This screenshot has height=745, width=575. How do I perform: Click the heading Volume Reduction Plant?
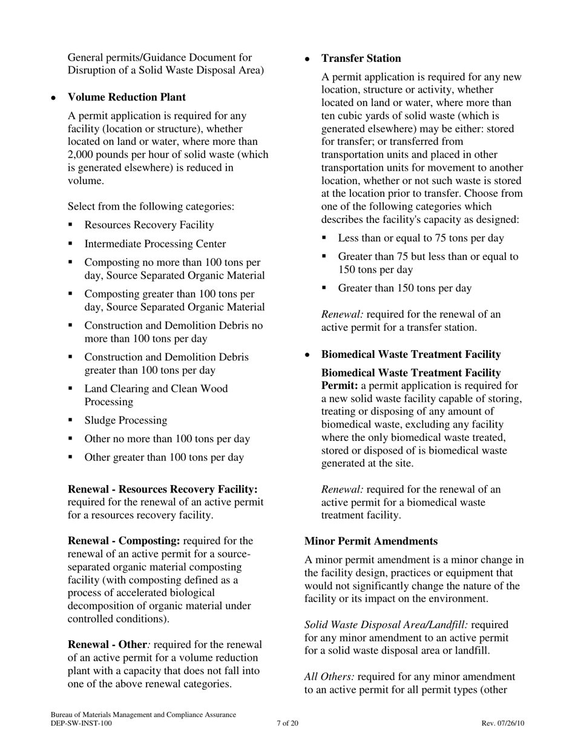coord(126,98)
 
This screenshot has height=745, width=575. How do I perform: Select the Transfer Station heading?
coord(361,59)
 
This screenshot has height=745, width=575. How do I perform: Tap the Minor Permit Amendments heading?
coord(370,541)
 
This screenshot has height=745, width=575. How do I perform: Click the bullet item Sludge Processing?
coord(126,420)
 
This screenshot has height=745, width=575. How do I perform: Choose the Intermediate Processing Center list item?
coord(155,244)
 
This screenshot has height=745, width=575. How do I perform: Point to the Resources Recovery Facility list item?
coord(149,225)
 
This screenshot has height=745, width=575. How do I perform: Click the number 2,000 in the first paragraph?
coord(82,154)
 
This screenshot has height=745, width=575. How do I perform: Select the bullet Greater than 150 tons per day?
coord(404,288)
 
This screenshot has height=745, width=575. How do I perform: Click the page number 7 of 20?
coord(287,723)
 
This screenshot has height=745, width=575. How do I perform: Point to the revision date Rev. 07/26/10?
coord(502,723)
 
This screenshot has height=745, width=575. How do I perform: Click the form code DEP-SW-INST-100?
coord(81,723)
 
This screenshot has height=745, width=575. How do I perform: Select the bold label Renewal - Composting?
coord(124,541)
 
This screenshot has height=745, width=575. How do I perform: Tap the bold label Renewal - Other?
coord(107,644)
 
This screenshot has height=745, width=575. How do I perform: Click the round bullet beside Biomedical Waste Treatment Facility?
coord(307,355)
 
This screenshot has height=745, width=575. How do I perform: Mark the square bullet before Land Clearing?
coord(71,388)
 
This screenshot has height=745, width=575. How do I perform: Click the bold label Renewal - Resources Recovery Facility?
coord(163,489)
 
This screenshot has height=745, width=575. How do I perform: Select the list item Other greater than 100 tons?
coord(164,457)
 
